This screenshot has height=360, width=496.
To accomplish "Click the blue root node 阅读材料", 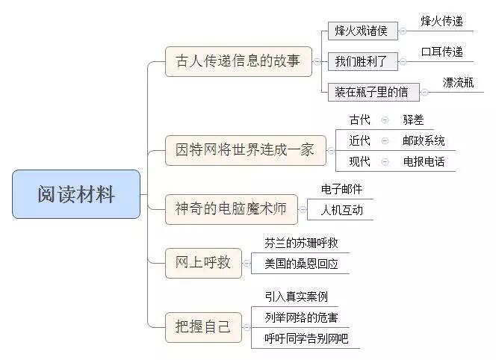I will (76, 194).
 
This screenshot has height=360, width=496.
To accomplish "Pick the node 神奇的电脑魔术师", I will (231, 209).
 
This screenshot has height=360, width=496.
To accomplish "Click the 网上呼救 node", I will (203, 262).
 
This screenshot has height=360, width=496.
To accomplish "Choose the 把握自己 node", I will (203, 327).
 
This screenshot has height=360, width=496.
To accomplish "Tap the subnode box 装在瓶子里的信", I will (372, 92).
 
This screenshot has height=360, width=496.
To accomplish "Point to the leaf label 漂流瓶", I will (458, 82).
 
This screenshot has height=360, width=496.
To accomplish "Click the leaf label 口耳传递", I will (441, 52).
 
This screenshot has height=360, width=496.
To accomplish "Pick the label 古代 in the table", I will (359, 120).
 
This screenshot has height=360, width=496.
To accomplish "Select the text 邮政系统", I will (424, 140).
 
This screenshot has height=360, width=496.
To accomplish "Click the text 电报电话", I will (424, 161).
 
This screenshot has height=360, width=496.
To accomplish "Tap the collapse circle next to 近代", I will (385, 140).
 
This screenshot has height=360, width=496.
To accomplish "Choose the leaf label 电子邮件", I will (341, 189).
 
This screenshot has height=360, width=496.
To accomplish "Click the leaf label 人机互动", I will (341, 211).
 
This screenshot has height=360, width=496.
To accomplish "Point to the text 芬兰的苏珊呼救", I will (296, 243).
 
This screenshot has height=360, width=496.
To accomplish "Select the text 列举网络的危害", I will (296, 317).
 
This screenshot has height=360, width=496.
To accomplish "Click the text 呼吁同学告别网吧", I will (306, 338).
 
